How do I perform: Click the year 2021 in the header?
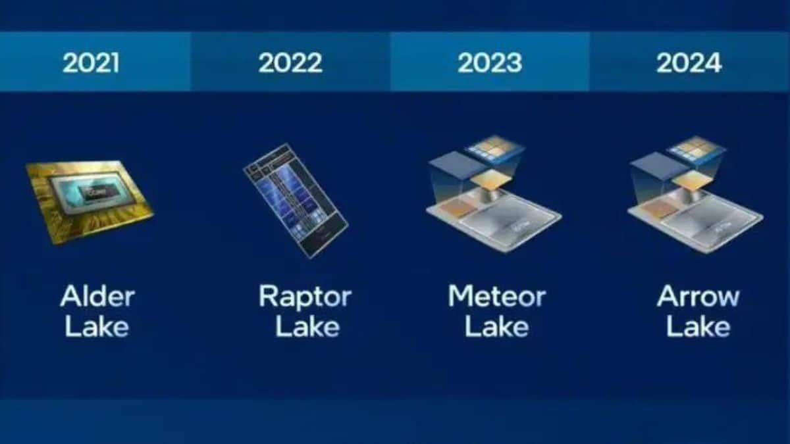point(91,63)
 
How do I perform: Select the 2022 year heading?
point(290,63)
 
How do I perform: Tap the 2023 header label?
point(490,63)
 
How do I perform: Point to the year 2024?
point(689,63)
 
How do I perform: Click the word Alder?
point(97,296)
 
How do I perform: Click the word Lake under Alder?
point(97,327)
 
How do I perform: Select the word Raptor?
point(305,296)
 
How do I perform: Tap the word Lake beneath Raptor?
point(307,327)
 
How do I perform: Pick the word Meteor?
point(496,296)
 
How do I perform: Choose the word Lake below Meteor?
point(496,327)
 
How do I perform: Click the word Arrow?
point(698,296)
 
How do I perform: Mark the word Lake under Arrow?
point(698,327)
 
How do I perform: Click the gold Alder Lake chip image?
point(89,201)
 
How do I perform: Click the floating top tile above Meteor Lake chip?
point(495,149)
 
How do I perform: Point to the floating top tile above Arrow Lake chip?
point(697,149)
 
